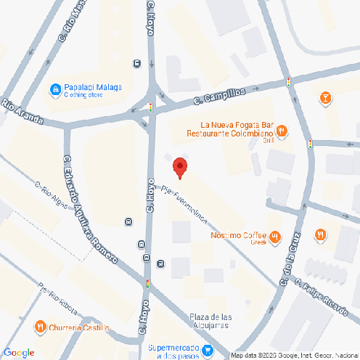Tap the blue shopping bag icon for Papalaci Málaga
(x=54, y=89)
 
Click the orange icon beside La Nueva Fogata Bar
(x=282, y=131)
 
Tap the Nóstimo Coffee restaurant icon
(x=275, y=236)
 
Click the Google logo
(x=19, y=353)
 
